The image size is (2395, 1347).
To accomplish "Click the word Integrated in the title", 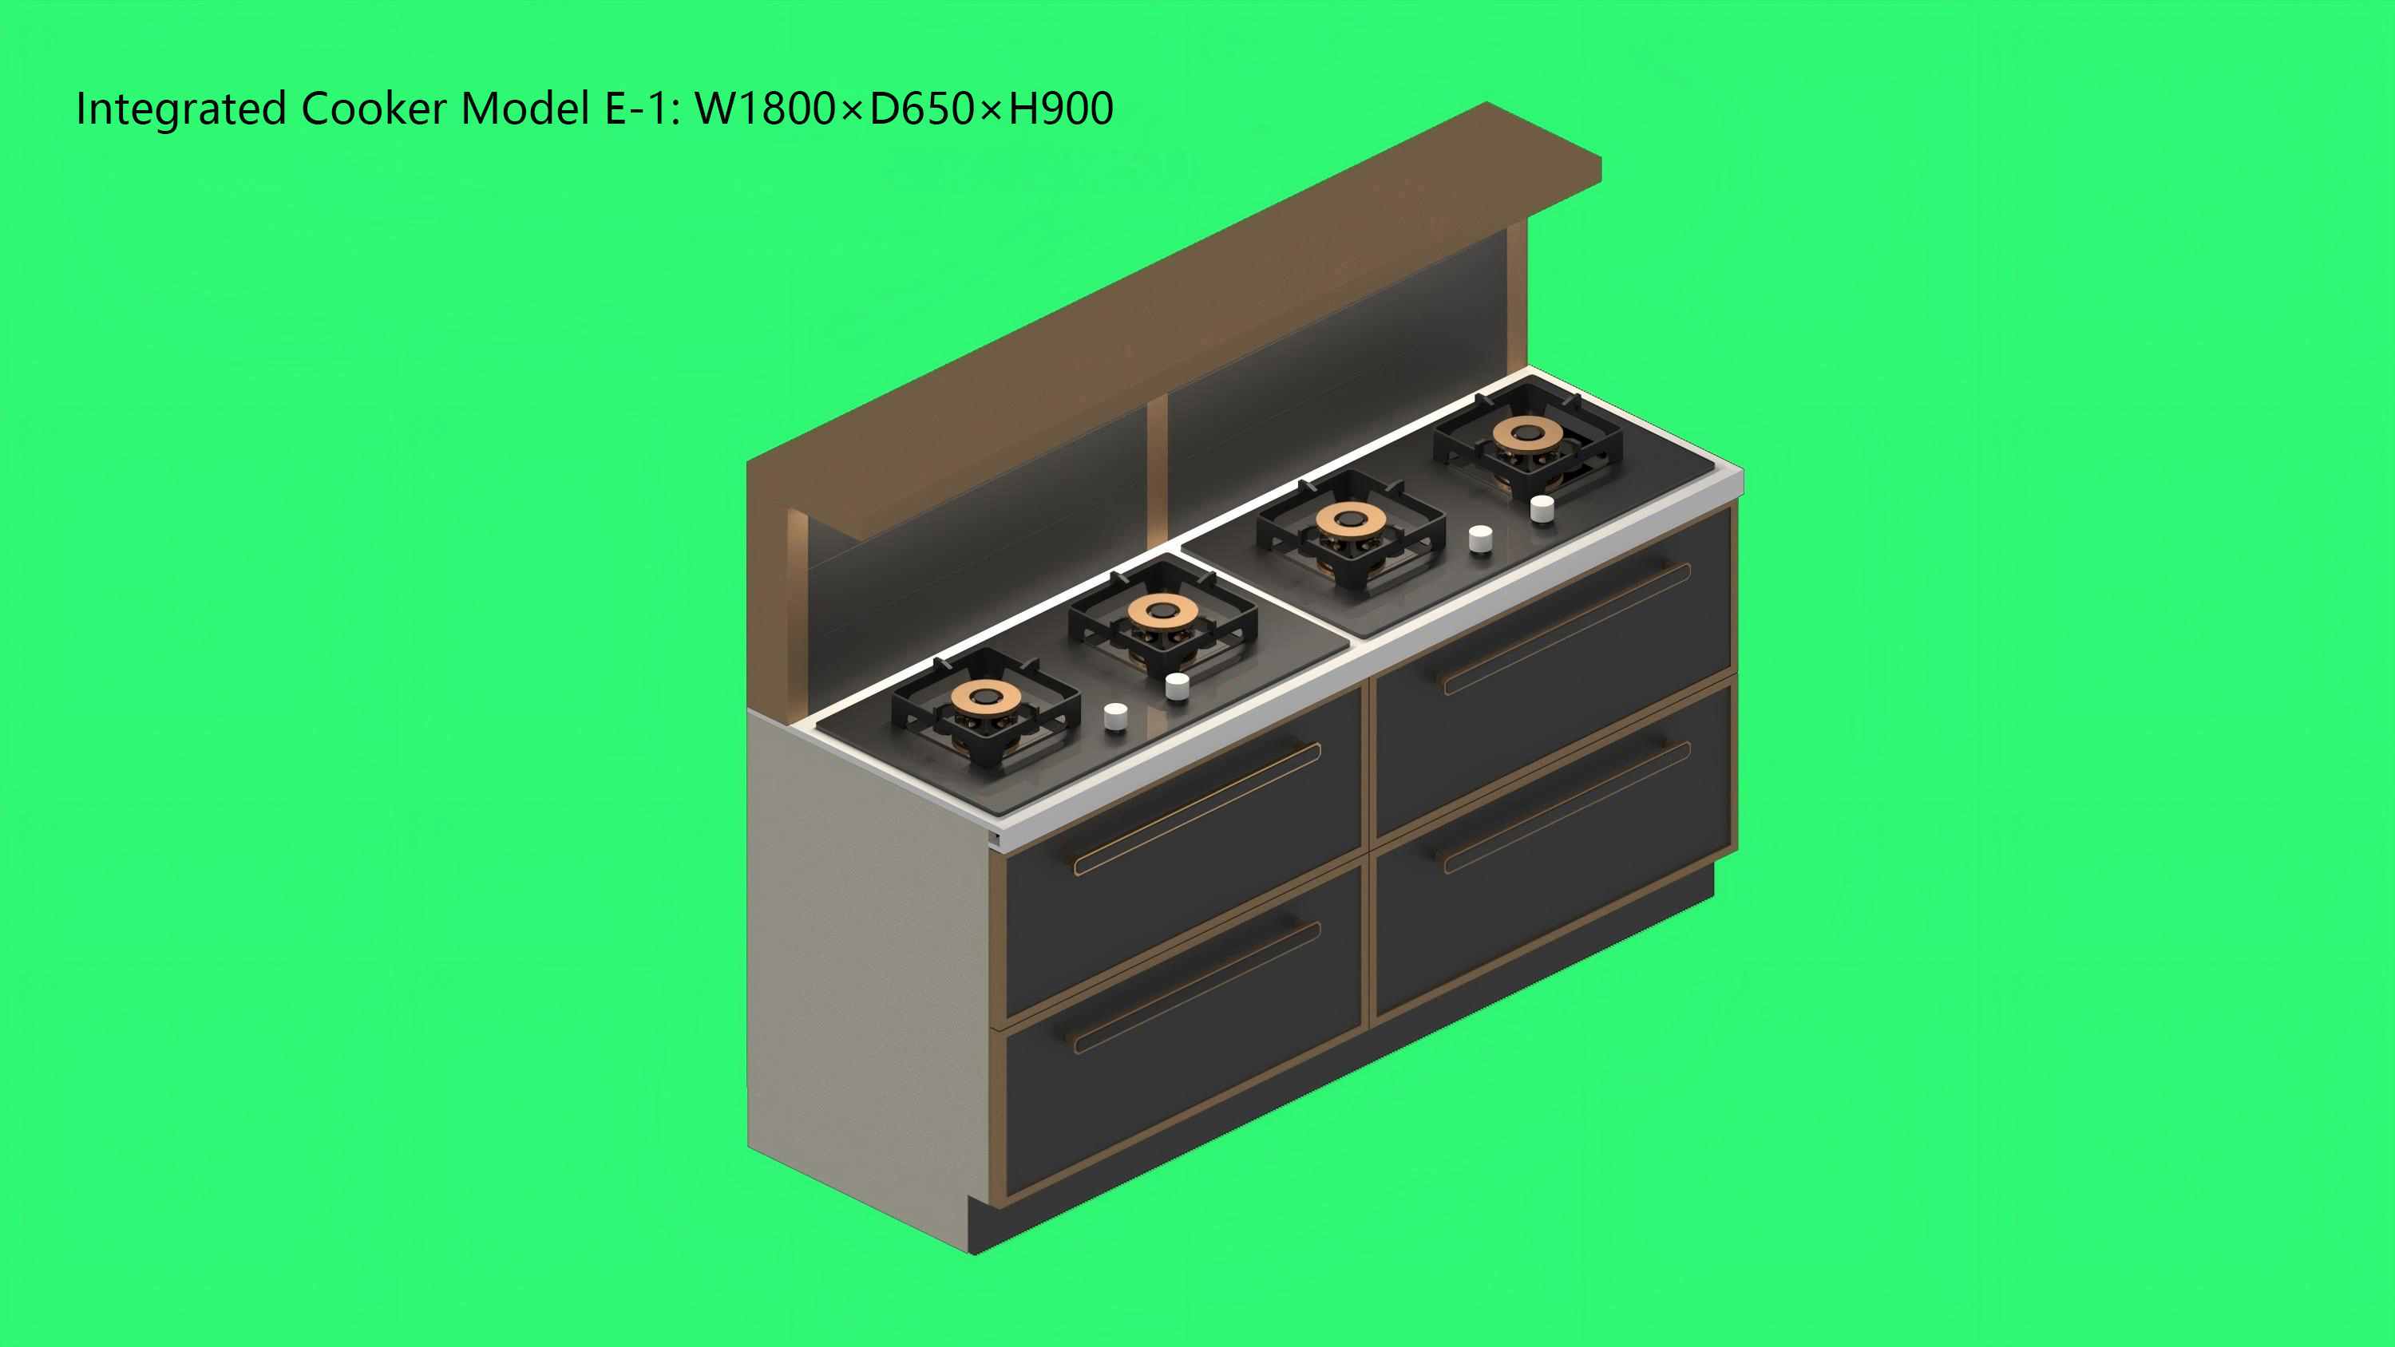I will pyautogui.click(x=180, y=109).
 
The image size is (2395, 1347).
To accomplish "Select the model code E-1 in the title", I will pyautogui.click(x=636, y=109).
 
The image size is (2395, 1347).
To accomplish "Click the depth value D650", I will pyautogui.click(x=921, y=109).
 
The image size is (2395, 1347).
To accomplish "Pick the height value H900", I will pyautogui.click(x=1061, y=109).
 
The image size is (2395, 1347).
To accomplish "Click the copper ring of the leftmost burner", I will pyautogui.click(x=985, y=695).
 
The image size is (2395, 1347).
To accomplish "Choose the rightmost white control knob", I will pyautogui.click(x=1542, y=508).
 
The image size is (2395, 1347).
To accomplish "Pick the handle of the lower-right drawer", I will pyautogui.click(x=1566, y=806).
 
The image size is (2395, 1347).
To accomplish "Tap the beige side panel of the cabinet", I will pyautogui.click(x=865, y=967).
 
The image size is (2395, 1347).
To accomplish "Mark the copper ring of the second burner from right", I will pyautogui.click(x=1350, y=519).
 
